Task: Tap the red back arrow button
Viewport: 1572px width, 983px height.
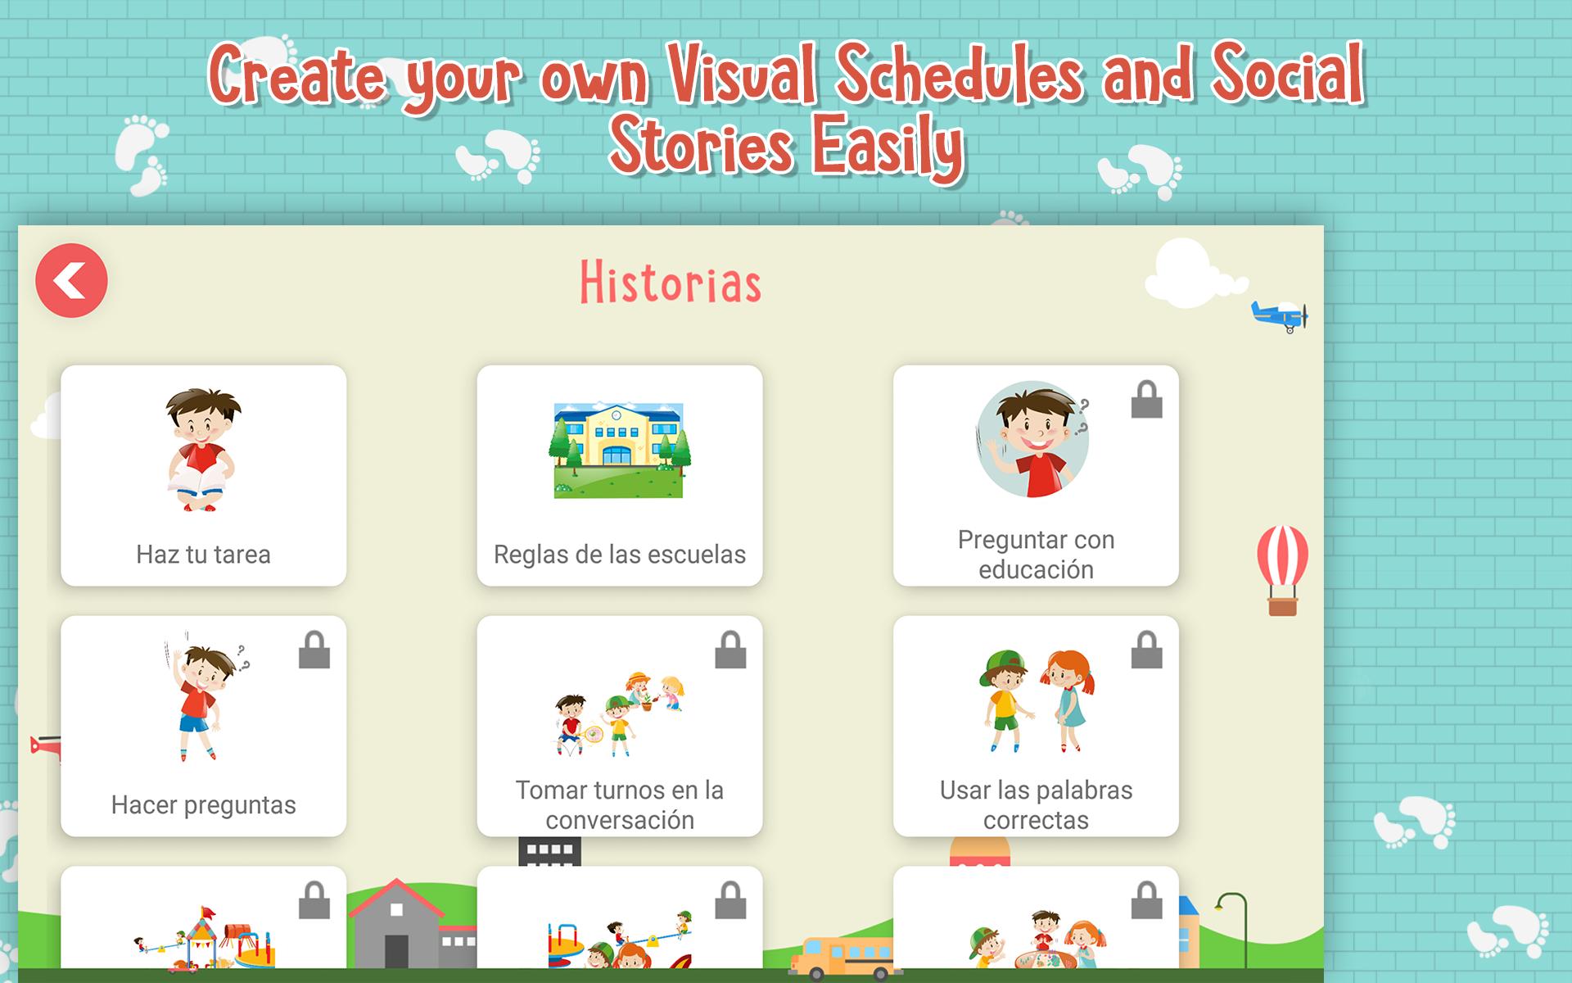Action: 71,280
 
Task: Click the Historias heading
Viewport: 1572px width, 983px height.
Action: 671,283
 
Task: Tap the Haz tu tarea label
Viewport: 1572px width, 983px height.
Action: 203,555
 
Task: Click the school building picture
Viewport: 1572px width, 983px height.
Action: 619,450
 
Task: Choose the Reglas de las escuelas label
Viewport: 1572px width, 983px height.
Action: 620,555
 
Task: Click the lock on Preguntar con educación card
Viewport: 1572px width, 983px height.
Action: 1146,400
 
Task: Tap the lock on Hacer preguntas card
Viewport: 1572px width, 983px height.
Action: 314,650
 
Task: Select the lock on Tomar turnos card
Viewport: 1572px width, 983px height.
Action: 730,650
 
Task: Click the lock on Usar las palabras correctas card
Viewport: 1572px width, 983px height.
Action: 1146,650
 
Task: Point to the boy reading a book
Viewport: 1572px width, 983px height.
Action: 201,450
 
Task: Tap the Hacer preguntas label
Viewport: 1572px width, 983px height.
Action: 203,805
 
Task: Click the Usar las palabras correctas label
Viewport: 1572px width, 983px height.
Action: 1036,805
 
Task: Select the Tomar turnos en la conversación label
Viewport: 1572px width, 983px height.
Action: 620,805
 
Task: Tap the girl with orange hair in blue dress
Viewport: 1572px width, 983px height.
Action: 1067,701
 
